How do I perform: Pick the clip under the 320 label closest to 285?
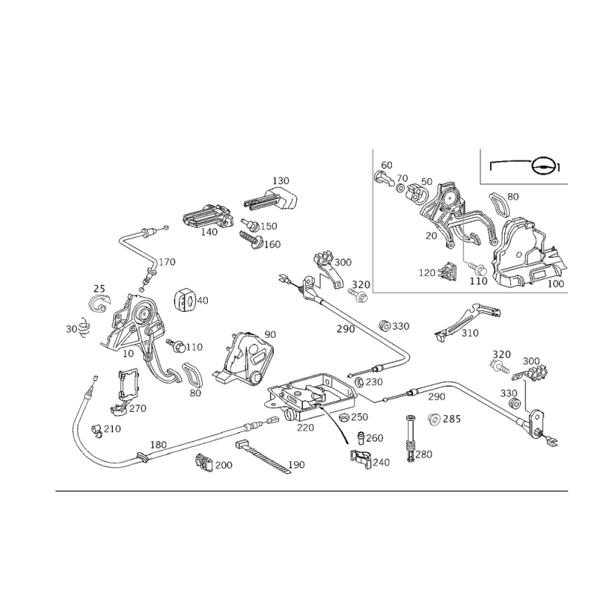point(499,365)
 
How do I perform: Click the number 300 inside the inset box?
point(477,281)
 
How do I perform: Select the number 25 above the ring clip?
point(97,287)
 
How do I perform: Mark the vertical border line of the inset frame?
point(371,223)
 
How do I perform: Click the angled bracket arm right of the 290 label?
point(469,322)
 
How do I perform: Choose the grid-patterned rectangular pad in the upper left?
point(208,218)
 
